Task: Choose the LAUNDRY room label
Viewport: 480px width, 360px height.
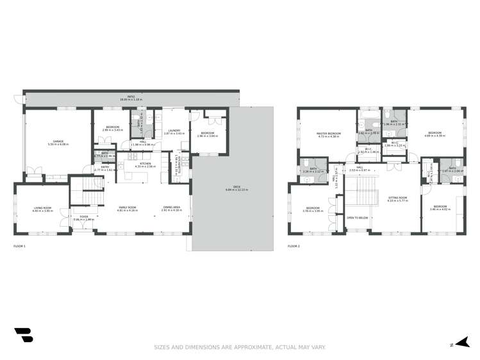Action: pyautogui.click(x=174, y=132)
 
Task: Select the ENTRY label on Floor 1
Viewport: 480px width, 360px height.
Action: pyautogui.click(x=104, y=168)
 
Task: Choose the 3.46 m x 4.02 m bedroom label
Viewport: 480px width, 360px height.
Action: pyautogui.click(x=440, y=209)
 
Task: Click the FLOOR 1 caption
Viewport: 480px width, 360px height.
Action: pyautogui.click(x=20, y=246)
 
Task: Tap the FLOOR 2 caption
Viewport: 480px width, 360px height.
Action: pyautogui.click(x=294, y=246)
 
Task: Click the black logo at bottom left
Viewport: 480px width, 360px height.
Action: pyautogui.click(x=24, y=336)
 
